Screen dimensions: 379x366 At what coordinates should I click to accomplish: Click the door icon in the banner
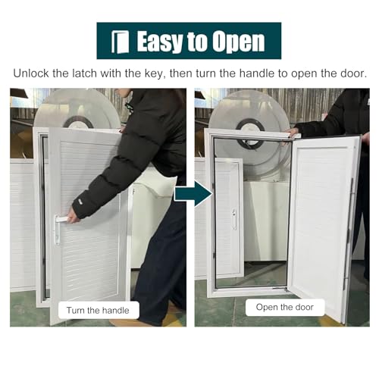121,42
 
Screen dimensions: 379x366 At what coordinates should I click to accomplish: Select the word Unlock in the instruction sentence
31,74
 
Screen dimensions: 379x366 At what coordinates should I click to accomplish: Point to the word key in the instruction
155,74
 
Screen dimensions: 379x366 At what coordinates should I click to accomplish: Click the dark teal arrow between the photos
193,195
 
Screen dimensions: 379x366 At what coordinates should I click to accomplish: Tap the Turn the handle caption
98,310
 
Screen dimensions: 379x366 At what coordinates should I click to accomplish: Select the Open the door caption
285,307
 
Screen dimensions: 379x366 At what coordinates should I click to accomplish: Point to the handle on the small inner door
234,219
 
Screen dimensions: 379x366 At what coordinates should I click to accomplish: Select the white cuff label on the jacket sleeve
81,201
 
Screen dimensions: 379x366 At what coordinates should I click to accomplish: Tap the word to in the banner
196,42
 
